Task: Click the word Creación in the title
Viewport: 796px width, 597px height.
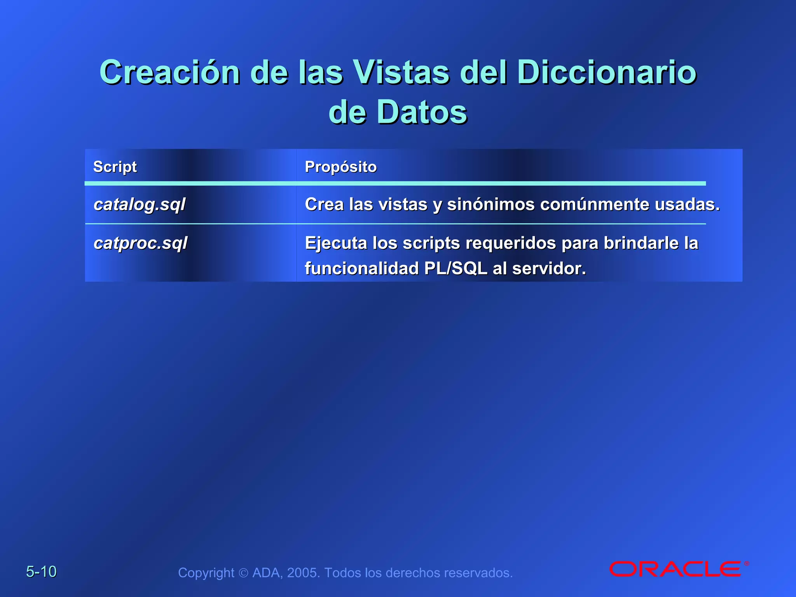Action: (x=170, y=72)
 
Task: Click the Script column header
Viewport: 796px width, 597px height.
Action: (x=115, y=167)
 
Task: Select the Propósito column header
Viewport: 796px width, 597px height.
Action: (x=340, y=167)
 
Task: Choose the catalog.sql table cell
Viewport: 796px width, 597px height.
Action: (x=140, y=204)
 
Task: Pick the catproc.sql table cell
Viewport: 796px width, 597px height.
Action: (x=140, y=243)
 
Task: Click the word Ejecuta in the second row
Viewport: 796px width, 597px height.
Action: (x=336, y=243)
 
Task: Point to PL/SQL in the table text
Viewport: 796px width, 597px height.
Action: (x=456, y=269)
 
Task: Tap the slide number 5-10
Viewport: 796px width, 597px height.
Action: (x=41, y=572)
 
